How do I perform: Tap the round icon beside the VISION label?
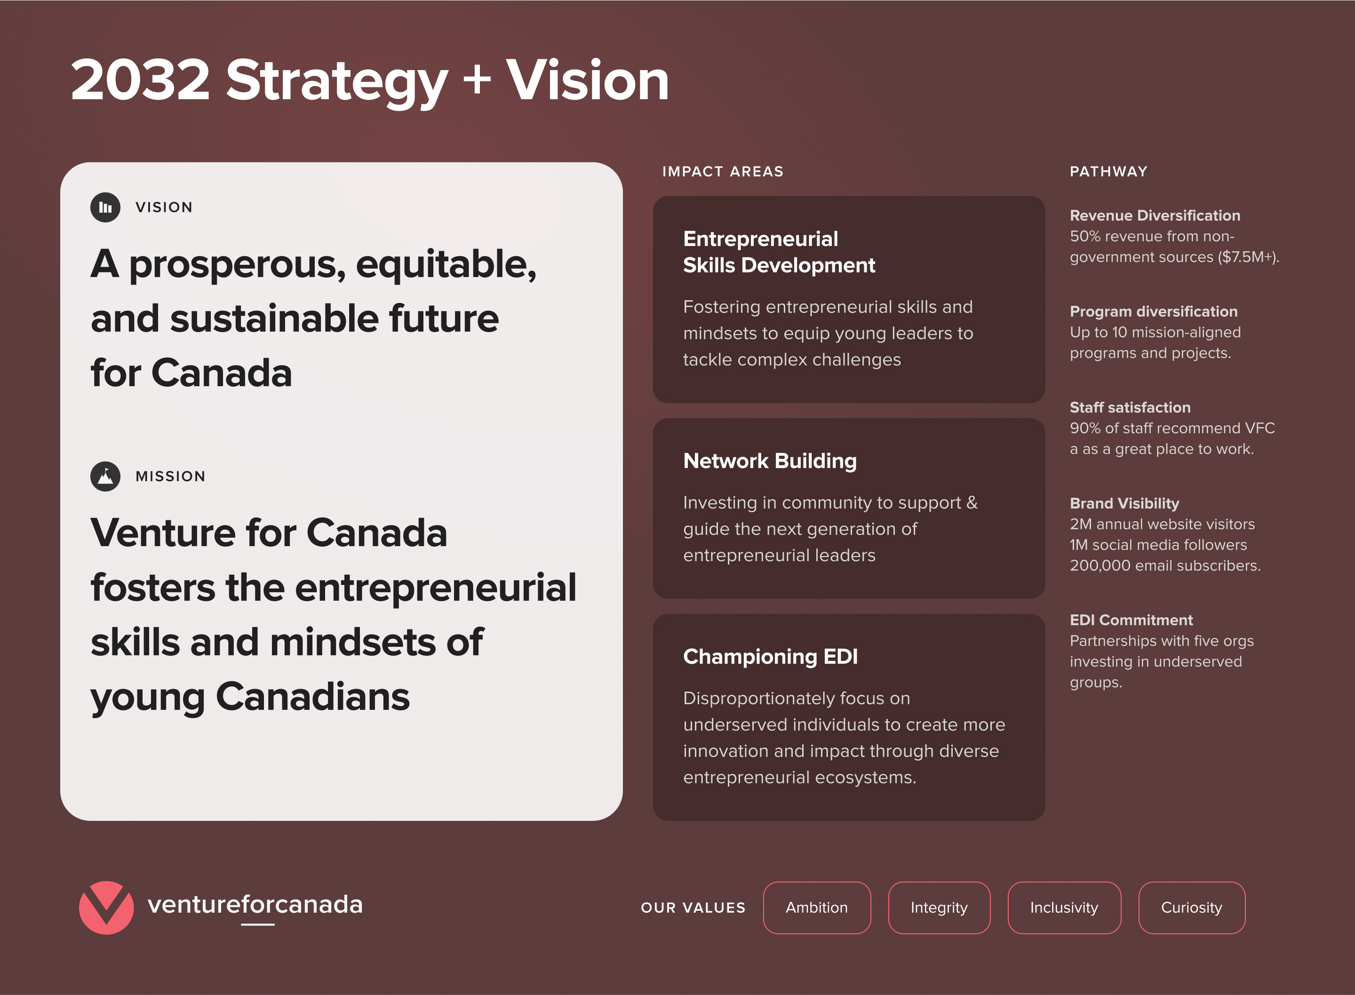(x=105, y=207)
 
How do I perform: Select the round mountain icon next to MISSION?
(x=105, y=477)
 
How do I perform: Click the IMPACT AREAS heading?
(x=723, y=172)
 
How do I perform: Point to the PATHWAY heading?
(x=1108, y=172)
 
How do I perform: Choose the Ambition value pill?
(x=817, y=907)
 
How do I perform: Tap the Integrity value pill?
(x=939, y=907)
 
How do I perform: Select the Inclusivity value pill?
(x=1064, y=907)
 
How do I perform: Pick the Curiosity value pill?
(x=1192, y=907)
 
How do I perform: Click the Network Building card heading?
(x=770, y=461)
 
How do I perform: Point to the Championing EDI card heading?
(x=770, y=656)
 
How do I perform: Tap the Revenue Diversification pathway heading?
(x=1155, y=215)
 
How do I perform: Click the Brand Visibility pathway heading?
(x=1124, y=503)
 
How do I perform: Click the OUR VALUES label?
(x=693, y=907)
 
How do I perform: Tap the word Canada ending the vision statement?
(x=222, y=373)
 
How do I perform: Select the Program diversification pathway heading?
(x=1153, y=311)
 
